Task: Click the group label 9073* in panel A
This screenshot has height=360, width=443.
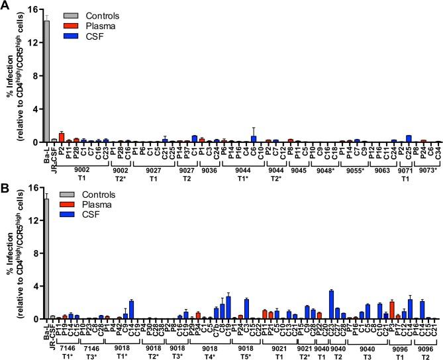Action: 430,169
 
